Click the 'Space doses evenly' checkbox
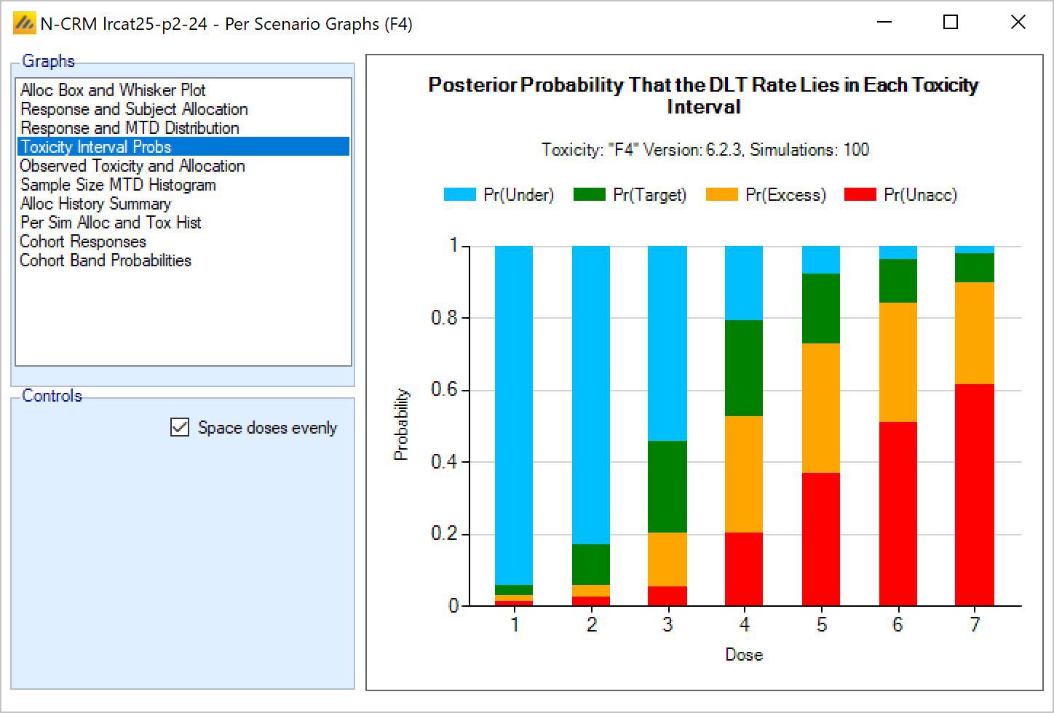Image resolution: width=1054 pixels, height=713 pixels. click(180, 427)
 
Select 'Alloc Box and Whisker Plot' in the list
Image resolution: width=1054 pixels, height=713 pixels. click(113, 90)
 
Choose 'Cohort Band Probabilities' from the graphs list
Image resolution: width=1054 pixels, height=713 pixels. click(106, 260)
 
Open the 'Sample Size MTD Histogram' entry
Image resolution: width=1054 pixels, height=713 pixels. click(118, 185)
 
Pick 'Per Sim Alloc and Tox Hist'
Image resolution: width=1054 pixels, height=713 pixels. click(111, 223)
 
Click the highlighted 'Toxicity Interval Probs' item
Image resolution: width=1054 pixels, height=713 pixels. click(96, 147)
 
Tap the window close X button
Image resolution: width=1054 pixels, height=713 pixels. click(1018, 23)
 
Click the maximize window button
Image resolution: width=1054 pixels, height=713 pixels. click(950, 23)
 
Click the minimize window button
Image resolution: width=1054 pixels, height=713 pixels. click(884, 23)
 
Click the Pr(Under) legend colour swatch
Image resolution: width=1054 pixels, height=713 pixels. click(460, 195)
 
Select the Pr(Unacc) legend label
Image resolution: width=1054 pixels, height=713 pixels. click(920, 195)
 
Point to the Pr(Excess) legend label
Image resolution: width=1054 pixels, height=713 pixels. click(785, 195)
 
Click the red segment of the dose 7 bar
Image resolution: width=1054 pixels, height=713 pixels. click(975, 495)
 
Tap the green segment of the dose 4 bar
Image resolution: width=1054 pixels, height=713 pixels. click(744, 368)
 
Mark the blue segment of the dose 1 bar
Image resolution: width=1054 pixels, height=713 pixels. click(514, 415)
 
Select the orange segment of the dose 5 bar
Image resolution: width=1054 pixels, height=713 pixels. click(821, 408)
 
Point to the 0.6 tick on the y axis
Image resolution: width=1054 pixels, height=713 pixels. click(445, 390)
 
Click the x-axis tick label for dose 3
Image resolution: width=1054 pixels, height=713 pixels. click(667, 625)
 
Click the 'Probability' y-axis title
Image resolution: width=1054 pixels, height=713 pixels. click(401, 424)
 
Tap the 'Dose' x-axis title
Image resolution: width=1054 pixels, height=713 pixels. click(744, 655)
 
